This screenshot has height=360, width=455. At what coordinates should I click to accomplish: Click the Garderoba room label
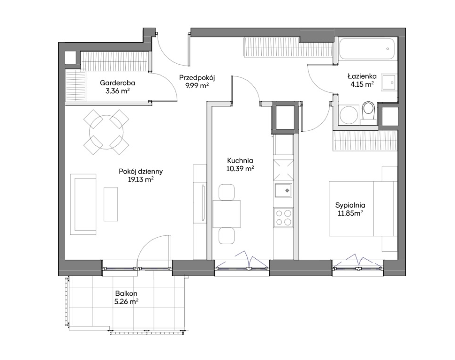118,83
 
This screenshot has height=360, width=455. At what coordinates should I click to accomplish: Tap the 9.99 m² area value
197,86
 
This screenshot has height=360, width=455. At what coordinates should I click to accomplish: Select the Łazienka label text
362,76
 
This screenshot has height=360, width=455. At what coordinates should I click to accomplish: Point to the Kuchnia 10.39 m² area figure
240,169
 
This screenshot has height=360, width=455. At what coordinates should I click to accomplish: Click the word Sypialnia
350,205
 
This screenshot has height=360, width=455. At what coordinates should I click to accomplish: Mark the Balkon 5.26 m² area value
126,302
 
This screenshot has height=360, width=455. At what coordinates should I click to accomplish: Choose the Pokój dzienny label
141,172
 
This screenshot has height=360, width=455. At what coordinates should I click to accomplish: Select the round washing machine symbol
349,115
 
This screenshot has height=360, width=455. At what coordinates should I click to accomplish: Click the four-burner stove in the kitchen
283,217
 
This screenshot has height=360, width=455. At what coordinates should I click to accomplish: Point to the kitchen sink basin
283,190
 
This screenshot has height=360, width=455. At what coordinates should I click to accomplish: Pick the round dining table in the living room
106,132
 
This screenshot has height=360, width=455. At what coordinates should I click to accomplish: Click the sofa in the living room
83,204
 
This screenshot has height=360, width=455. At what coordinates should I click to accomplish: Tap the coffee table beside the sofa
111,204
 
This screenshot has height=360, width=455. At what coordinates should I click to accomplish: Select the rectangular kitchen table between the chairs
227,214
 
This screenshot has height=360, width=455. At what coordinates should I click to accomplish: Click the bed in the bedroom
363,209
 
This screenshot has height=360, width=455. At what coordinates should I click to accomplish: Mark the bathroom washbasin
388,82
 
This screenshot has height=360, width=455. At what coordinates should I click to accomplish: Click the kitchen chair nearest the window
227,236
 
